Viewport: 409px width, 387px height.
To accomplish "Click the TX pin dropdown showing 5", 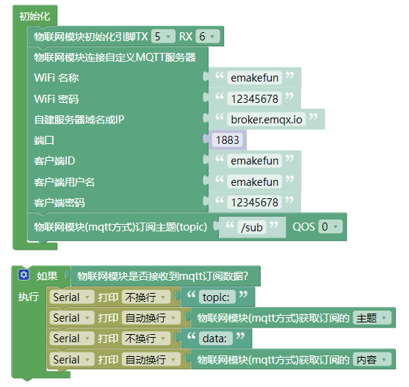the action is pos(163,37).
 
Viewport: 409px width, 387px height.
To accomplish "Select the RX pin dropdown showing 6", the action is pos(208,37).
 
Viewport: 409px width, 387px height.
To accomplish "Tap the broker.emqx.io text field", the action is pos(267,120).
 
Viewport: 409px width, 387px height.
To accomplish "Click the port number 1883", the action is pos(228,140).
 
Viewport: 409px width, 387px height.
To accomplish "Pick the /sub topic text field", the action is pos(252,228).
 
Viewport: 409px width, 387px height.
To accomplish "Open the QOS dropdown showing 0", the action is pos(330,227).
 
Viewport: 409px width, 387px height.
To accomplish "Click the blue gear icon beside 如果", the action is pos(24,275).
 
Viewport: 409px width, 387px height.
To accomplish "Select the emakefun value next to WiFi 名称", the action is pos(255,78).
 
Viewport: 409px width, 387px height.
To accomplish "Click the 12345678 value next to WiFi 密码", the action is pos(255,99).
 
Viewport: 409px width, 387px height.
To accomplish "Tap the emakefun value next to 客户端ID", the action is pos(255,161).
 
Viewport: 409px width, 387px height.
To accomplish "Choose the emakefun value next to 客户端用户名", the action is pos(255,182).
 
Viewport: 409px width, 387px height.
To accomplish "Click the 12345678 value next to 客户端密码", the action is pos(255,203).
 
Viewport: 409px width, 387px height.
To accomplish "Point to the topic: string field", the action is pos(217,297).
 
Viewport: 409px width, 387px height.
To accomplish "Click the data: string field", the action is pos(215,339).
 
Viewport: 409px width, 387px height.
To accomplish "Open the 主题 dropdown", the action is pos(372,318).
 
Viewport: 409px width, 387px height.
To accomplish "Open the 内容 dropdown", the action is pos(372,360).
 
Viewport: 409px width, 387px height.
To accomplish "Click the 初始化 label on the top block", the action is pos(35,16).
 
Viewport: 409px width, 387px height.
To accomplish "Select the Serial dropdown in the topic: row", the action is pos(72,297).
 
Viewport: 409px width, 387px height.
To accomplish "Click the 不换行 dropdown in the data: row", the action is pos(146,339).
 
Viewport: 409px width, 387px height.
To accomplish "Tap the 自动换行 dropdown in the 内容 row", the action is pos(151,360).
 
